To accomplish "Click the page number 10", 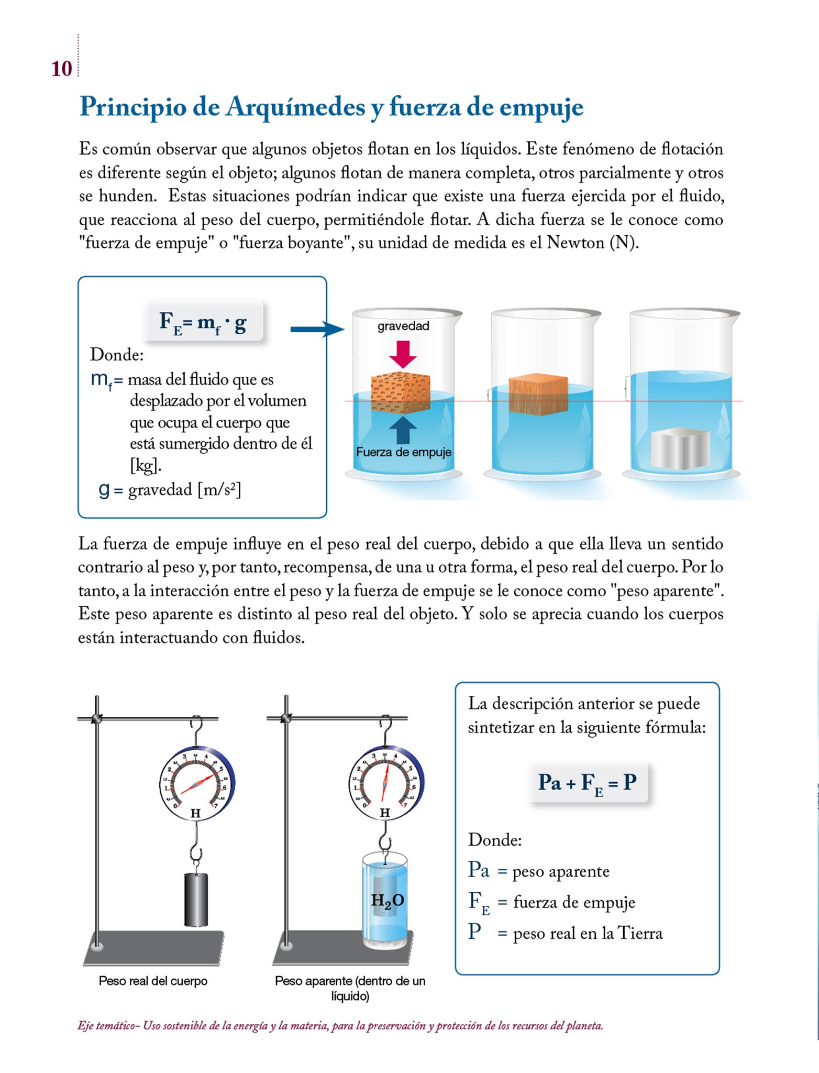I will (x=61, y=69).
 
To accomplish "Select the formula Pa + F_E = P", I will (x=588, y=783).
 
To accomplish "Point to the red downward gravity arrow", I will (x=403, y=354).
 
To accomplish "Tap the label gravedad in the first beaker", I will (x=403, y=326).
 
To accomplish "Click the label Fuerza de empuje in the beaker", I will (x=403, y=452).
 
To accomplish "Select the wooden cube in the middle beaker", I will (x=538, y=394).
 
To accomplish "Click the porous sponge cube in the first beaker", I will (x=400, y=392).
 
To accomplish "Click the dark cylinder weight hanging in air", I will (x=196, y=899).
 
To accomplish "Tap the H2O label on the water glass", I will (x=387, y=900).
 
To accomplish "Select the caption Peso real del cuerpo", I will (x=153, y=981).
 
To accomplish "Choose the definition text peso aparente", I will (x=560, y=871).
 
